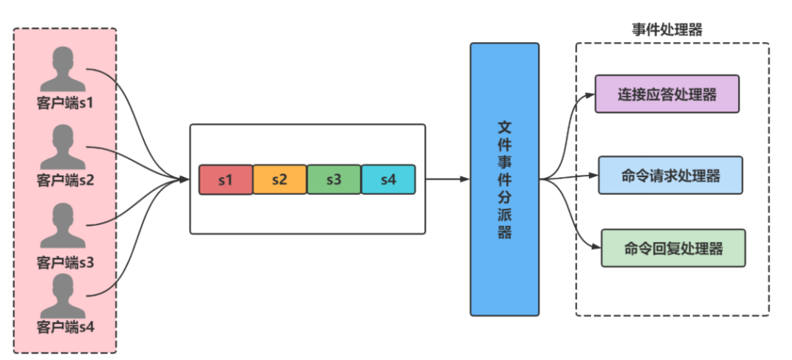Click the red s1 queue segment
tap(226, 179)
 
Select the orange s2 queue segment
tap(280, 179)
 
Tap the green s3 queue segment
tap(334, 179)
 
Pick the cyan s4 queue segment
tap(388, 179)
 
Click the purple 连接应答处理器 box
tap(667, 94)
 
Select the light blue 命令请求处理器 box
tap(670, 176)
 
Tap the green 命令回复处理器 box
tap(673, 248)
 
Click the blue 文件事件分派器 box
tap(505, 179)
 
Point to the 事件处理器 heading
tap(667, 30)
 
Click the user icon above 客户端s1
tap(65, 70)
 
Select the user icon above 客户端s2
tap(65, 148)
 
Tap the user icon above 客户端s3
tap(65, 226)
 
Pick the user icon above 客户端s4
tap(65, 297)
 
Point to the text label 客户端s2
tap(65, 179)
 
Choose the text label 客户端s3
tap(65, 262)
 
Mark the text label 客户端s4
tap(65, 325)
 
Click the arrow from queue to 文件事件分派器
tap(447, 179)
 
